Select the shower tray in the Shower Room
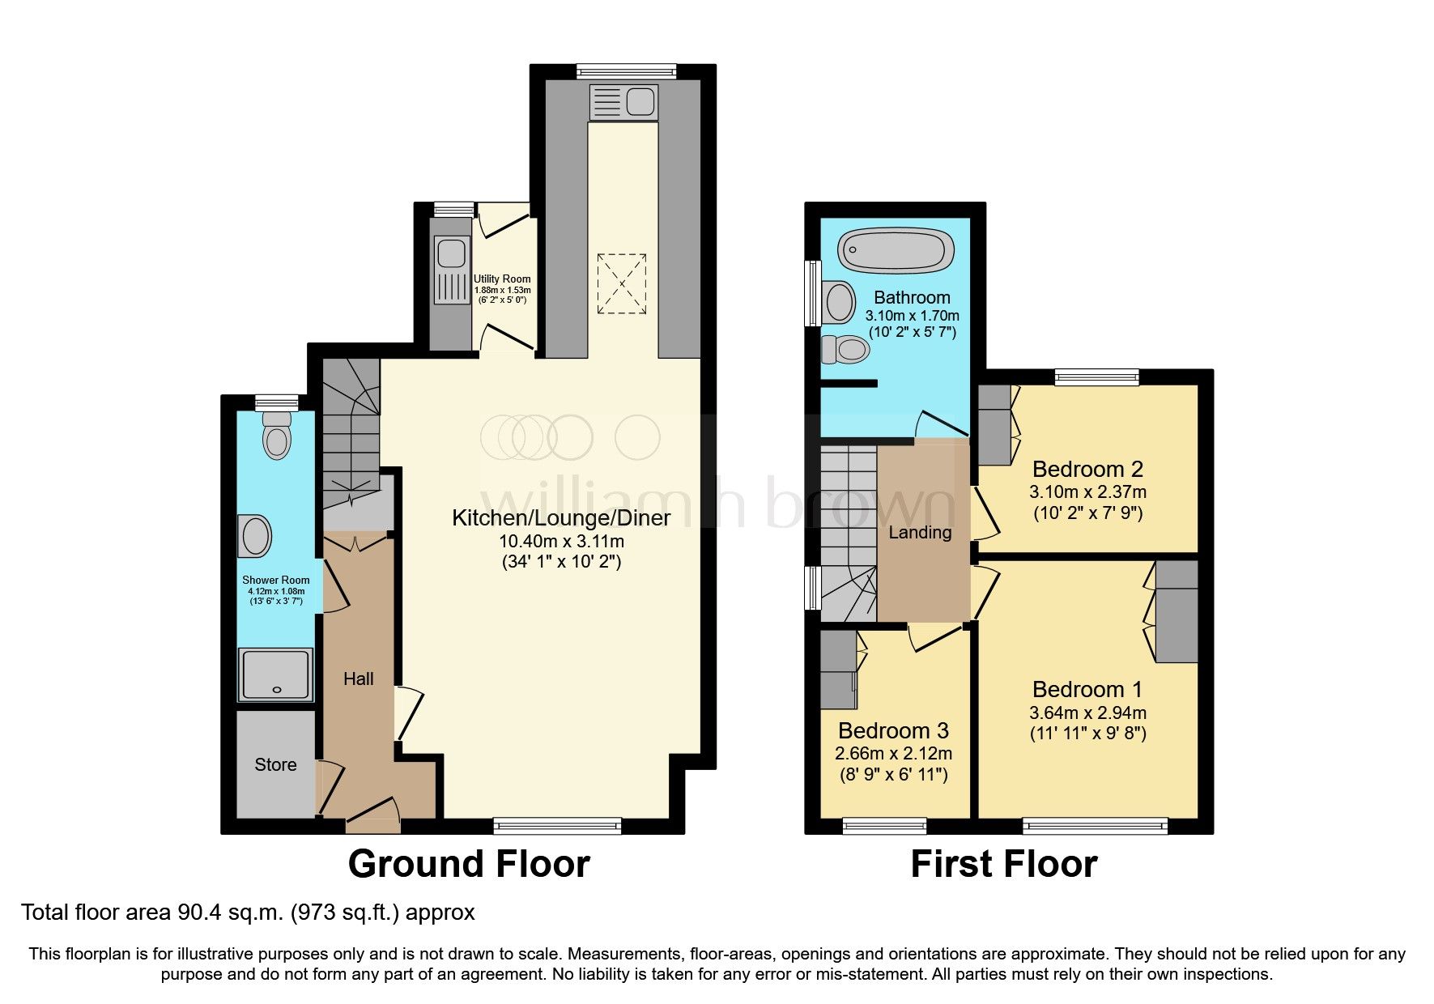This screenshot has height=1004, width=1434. point(275,674)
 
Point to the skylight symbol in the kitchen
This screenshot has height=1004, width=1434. point(622,283)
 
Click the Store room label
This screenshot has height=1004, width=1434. point(275,764)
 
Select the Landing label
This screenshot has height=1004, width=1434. point(920,532)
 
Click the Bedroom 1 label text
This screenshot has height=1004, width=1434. point(1087,689)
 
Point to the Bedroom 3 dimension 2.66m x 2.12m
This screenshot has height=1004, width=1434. point(893,753)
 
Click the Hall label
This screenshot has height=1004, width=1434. point(358,679)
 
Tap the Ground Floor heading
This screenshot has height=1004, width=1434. point(469,864)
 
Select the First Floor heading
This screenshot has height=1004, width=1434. point(1003,864)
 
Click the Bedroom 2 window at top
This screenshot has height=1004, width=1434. point(1096,376)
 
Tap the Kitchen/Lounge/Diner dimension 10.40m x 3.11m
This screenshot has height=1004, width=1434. point(561,541)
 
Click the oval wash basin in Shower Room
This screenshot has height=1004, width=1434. point(257,536)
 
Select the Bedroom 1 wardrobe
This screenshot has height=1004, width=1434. point(1176,612)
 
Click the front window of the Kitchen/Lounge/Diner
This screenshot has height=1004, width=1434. point(557,826)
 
